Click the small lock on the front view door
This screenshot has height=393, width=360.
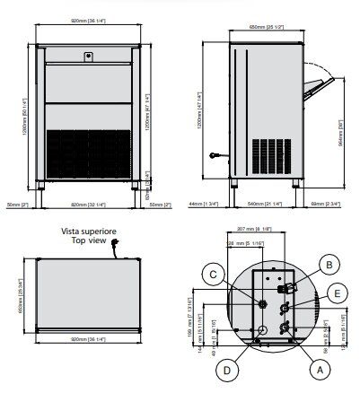point(88,56)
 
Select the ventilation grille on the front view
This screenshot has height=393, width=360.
point(88,153)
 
